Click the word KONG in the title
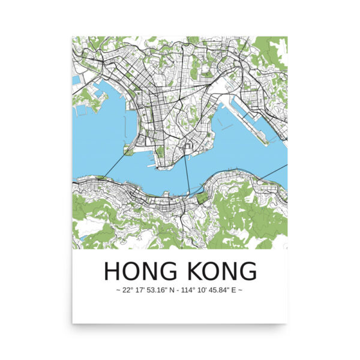pyautogui.click(x=220, y=271)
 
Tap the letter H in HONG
pyautogui.click(x=113, y=271)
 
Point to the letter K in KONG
pyautogui.click(x=193, y=271)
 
